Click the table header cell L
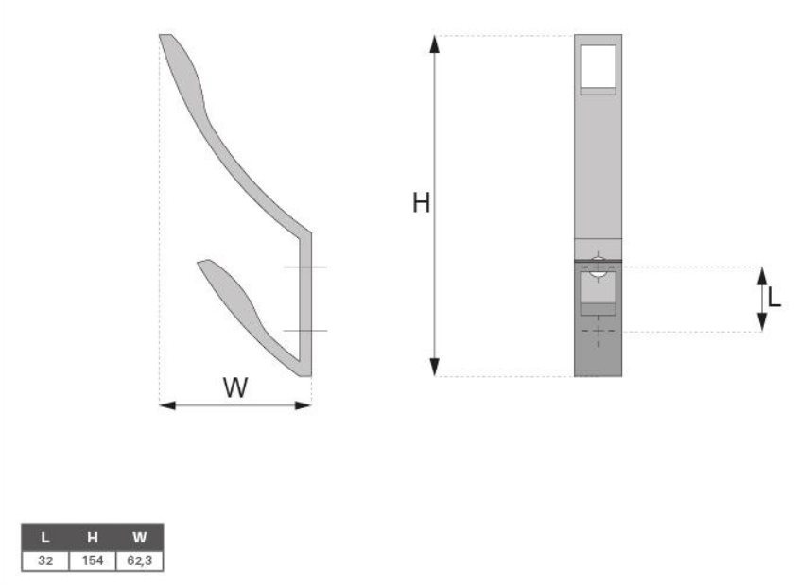tap(45, 537)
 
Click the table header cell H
tap(92, 537)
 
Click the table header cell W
tap(139, 537)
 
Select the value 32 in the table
tap(45, 560)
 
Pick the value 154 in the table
tap(92, 560)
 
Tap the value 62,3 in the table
tap(139, 560)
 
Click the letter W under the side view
tap(235, 387)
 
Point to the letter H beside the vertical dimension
tap(421, 203)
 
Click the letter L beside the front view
tap(773, 297)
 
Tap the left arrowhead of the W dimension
tap(167, 405)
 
